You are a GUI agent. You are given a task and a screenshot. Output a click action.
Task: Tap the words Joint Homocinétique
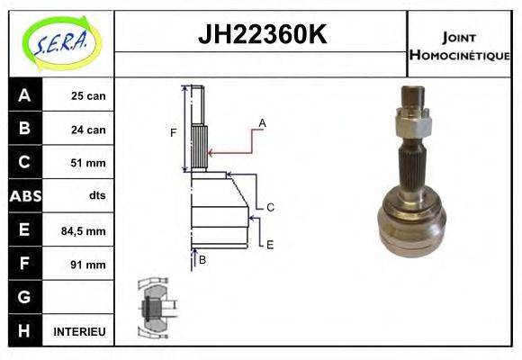click(460, 46)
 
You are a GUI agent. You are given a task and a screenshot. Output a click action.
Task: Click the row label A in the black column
click(24, 95)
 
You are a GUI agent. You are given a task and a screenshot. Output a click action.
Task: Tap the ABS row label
click(24, 196)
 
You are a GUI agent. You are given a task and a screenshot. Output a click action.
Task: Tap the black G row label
click(24, 297)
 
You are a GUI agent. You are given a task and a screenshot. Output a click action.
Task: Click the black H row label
click(24, 331)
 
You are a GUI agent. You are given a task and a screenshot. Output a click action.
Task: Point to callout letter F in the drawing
click(174, 133)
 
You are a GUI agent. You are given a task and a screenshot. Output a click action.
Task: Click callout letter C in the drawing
click(269, 207)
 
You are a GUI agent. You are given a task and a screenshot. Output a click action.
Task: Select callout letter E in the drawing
click(269, 244)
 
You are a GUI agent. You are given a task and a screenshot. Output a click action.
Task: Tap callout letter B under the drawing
click(202, 260)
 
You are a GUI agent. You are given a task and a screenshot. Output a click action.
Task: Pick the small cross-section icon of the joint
click(153, 307)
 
